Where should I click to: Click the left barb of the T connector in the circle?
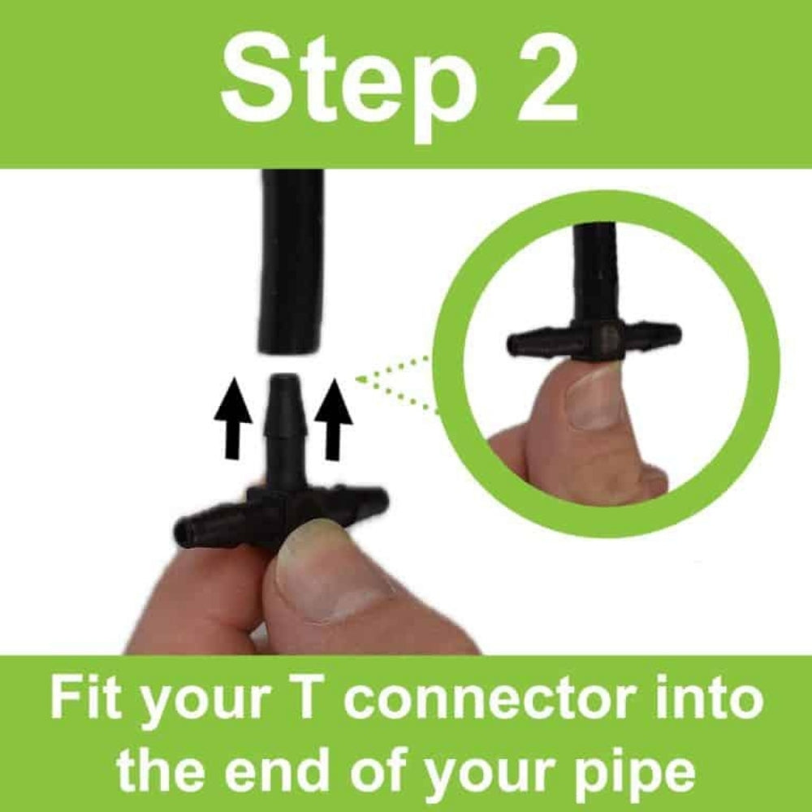click(536, 342)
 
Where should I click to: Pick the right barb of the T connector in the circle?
click(654, 334)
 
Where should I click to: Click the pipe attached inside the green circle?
click(595, 268)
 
